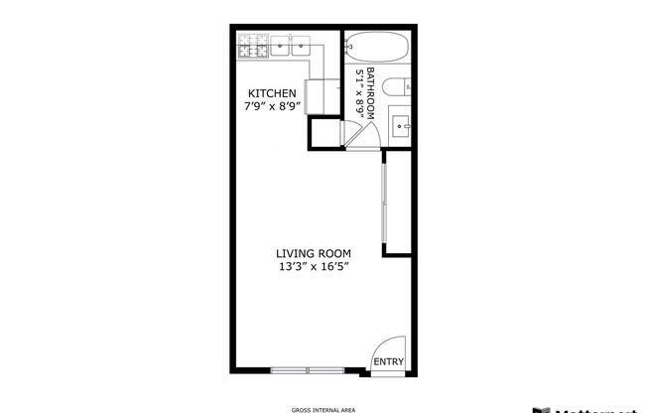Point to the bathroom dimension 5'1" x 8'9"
(x=359, y=93)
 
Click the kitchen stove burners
(x=252, y=45)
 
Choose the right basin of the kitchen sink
(x=301, y=46)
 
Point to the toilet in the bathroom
(x=394, y=86)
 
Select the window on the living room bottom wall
(x=307, y=370)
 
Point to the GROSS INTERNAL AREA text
(x=323, y=408)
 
